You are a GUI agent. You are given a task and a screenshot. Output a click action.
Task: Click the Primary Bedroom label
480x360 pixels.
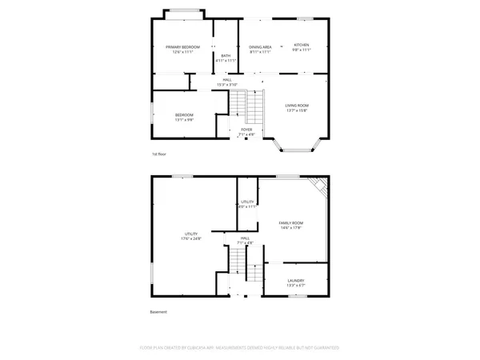[x=183, y=47]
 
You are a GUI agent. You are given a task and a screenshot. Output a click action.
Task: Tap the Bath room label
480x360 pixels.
[x=226, y=55]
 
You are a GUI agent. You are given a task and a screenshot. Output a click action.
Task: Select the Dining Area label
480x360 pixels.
[x=260, y=47]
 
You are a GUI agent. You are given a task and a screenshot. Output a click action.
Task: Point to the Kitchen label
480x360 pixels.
[x=301, y=45]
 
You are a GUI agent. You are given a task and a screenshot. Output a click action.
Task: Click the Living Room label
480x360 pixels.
[x=298, y=106]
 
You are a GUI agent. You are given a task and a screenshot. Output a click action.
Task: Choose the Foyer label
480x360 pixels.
[x=246, y=129]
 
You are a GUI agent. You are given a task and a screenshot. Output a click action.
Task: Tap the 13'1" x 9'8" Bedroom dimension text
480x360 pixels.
[x=185, y=120]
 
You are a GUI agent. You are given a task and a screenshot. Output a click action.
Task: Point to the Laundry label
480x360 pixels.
[x=296, y=281]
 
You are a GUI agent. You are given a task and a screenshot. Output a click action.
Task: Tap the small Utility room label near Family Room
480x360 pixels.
[x=247, y=202]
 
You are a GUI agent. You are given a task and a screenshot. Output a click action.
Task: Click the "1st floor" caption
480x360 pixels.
[x=159, y=154]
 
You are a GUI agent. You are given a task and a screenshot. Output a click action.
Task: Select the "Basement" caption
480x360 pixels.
[x=158, y=312]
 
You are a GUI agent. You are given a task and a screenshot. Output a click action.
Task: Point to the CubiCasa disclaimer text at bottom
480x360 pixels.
[x=240, y=348]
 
